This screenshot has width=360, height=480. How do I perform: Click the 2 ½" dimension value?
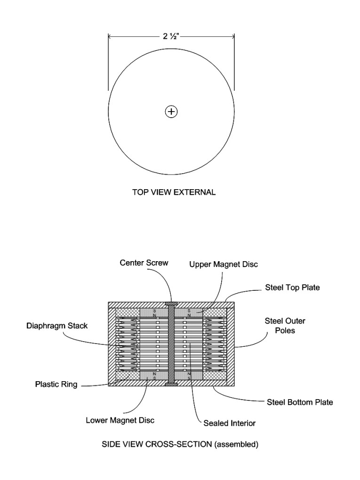tap(171, 36)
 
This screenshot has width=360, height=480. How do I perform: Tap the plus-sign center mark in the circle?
tap(171, 112)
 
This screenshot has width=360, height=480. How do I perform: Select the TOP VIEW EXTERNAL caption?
tap(174, 192)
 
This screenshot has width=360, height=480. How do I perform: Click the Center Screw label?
tap(144, 263)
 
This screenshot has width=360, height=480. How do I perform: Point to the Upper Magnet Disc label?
tap(224, 264)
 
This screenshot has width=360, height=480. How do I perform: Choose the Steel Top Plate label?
tap(292, 288)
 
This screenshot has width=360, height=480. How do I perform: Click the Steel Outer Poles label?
tap(285, 326)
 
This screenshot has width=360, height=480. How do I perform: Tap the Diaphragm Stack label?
tap(57, 326)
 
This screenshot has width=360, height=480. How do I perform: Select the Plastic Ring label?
tap(56, 384)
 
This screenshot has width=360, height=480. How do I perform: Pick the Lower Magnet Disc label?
tap(120, 420)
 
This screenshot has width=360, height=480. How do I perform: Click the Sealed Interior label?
tap(229, 423)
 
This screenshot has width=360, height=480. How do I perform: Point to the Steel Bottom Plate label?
tap(300, 402)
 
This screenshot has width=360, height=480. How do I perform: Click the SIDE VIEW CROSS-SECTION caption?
tap(180, 444)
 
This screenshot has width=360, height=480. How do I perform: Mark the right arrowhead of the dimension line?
tap(232, 36)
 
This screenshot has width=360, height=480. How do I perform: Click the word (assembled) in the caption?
tap(236, 444)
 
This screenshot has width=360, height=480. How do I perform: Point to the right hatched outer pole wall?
tap(231, 344)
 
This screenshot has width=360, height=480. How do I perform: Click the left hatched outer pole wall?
tap(112, 344)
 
